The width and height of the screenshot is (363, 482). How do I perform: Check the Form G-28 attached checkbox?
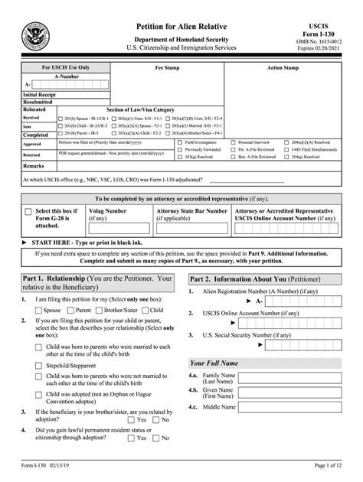pos(28,212)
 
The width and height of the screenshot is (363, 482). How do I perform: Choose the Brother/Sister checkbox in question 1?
pos(98,310)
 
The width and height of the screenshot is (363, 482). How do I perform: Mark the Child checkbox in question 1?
pos(146,310)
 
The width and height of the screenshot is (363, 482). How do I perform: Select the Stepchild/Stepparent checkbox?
pos(38,365)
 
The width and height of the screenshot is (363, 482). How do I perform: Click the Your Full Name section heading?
pos(214,363)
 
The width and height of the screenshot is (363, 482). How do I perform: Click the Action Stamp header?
pos(283,67)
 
